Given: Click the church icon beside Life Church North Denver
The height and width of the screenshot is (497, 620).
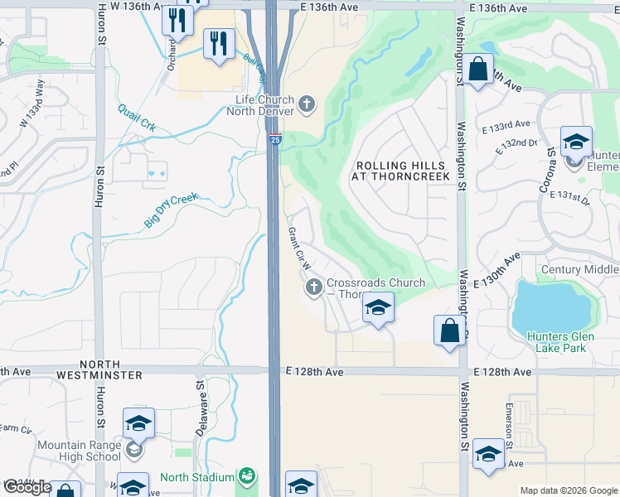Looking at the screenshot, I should point(307,104).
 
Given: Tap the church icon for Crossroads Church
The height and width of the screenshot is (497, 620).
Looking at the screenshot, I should point(314,288).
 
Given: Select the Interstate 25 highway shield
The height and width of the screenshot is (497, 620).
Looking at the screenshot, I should point(274,140).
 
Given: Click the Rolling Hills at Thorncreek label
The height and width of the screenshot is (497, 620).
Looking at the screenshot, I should point(400,171).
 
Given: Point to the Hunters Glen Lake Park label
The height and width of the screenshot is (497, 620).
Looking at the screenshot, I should point(559,342).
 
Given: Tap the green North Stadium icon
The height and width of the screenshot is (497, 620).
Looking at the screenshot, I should point(246,477).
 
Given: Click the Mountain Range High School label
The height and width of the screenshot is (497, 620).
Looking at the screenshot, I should point(79,451).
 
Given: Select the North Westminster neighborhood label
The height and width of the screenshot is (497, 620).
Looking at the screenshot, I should point(111,370).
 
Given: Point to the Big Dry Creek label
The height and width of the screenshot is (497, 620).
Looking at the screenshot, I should point(172,210).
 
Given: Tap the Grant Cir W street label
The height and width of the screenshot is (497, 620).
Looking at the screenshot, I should point(299,248).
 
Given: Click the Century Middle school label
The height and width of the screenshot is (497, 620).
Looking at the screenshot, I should point(579,270).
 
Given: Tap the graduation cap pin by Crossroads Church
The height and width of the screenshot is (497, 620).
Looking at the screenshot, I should point(377,310).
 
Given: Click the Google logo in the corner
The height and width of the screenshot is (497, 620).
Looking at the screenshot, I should point(27,487).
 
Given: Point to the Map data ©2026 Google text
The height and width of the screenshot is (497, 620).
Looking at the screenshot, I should point(568,490).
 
